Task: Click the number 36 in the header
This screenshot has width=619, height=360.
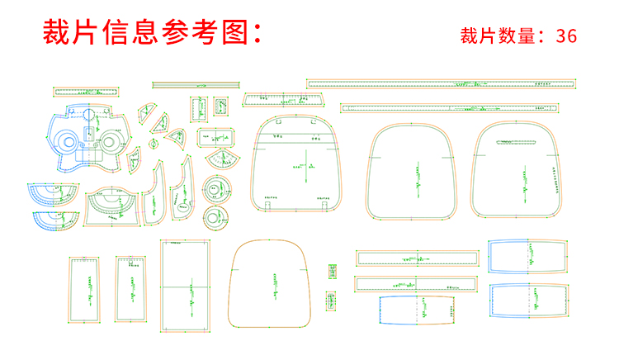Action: click(x=566, y=36)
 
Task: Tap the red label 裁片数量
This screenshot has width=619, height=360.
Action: click(x=500, y=36)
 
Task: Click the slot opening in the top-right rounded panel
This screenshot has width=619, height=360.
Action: click(x=520, y=143)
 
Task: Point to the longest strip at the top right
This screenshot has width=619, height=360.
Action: click(x=442, y=83)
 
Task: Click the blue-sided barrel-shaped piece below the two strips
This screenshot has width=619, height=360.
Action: click(x=418, y=310)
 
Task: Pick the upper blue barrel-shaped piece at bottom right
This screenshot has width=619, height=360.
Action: click(x=529, y=257)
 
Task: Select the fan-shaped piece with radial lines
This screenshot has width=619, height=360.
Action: click(x=222, y=157)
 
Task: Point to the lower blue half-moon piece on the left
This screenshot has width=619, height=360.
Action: click(x=58, y=218)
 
